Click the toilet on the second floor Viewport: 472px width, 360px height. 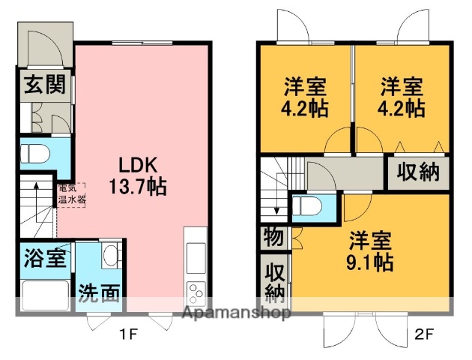click(305, 205)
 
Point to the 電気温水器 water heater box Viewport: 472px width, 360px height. click(72, 195)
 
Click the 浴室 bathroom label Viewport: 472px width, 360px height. click(45, 259)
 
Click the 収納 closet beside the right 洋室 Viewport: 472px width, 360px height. click(417, 172)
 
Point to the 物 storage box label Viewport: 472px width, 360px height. click(274, 238)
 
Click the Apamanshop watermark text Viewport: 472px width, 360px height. click(236, 313)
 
